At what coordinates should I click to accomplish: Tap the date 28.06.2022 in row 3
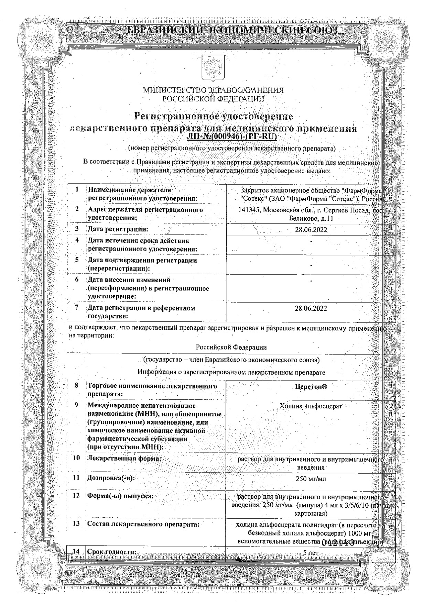point(311,230)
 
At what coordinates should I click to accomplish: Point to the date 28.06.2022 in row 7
point(311,308)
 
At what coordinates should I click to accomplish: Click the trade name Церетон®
point(311,387)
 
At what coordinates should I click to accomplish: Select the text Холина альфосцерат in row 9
point(311,406)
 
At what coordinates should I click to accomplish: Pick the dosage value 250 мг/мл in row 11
point(311,478)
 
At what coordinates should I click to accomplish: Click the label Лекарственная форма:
point(124,458)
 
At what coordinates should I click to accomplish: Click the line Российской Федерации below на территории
point(231,347)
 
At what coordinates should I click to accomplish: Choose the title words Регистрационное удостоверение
point(214,117)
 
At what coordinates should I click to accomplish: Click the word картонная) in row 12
point(311,514)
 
